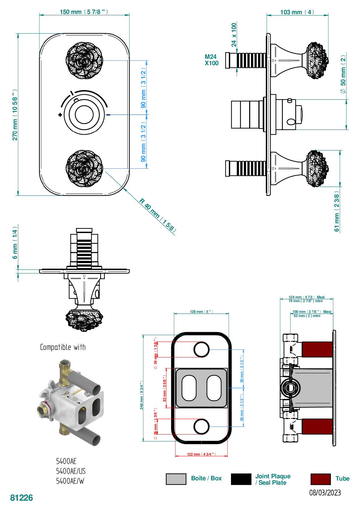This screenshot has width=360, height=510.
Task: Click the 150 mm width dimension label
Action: click(84, 12)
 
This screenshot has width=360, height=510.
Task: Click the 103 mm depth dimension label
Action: click(297, 12)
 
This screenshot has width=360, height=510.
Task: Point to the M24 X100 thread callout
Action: click(211, 60)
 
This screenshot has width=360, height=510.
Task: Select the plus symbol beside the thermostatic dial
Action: click(60, 115)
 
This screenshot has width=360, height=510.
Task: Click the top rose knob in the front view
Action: click(84, 60)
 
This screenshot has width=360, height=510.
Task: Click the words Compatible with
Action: click(63, 347)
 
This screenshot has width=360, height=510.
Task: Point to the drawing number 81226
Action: click(22, 498)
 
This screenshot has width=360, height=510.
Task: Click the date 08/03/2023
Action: click(325, 493)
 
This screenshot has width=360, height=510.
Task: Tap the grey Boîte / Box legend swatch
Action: click(176, 479)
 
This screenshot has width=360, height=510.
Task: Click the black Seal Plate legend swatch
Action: click(241, 479)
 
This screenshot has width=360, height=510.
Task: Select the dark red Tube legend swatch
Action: click(320, 479)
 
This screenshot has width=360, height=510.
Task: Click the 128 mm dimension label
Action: click(201, 312)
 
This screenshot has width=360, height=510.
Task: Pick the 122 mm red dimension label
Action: click(201, 454)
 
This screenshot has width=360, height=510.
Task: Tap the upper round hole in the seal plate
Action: click(202, 349)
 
